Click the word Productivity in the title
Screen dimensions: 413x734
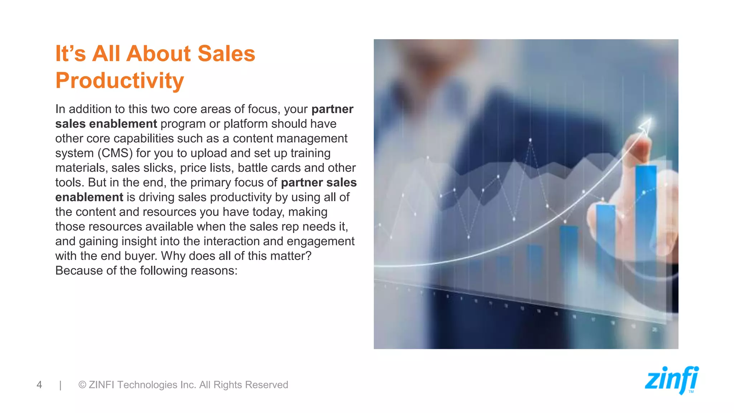120,81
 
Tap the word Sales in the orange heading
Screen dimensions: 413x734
226,54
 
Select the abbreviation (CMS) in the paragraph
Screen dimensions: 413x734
115,153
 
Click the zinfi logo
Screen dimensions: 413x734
672,380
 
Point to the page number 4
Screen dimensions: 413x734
39,385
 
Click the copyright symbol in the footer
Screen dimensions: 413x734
82,385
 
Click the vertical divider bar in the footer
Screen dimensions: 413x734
61,385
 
